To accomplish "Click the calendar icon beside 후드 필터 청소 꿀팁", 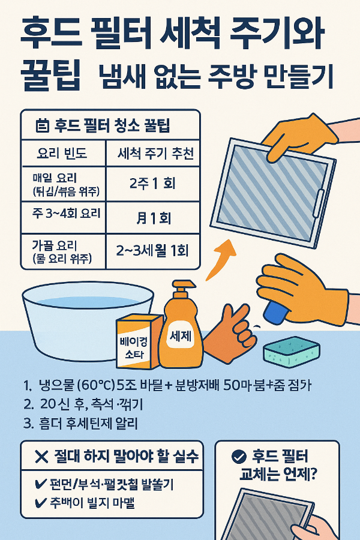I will [42, 126].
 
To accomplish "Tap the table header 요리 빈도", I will [62, 154].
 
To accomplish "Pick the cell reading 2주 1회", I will [152, 183].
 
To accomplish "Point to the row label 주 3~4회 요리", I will [62, 214].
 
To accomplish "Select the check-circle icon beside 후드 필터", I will [238, 457].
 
